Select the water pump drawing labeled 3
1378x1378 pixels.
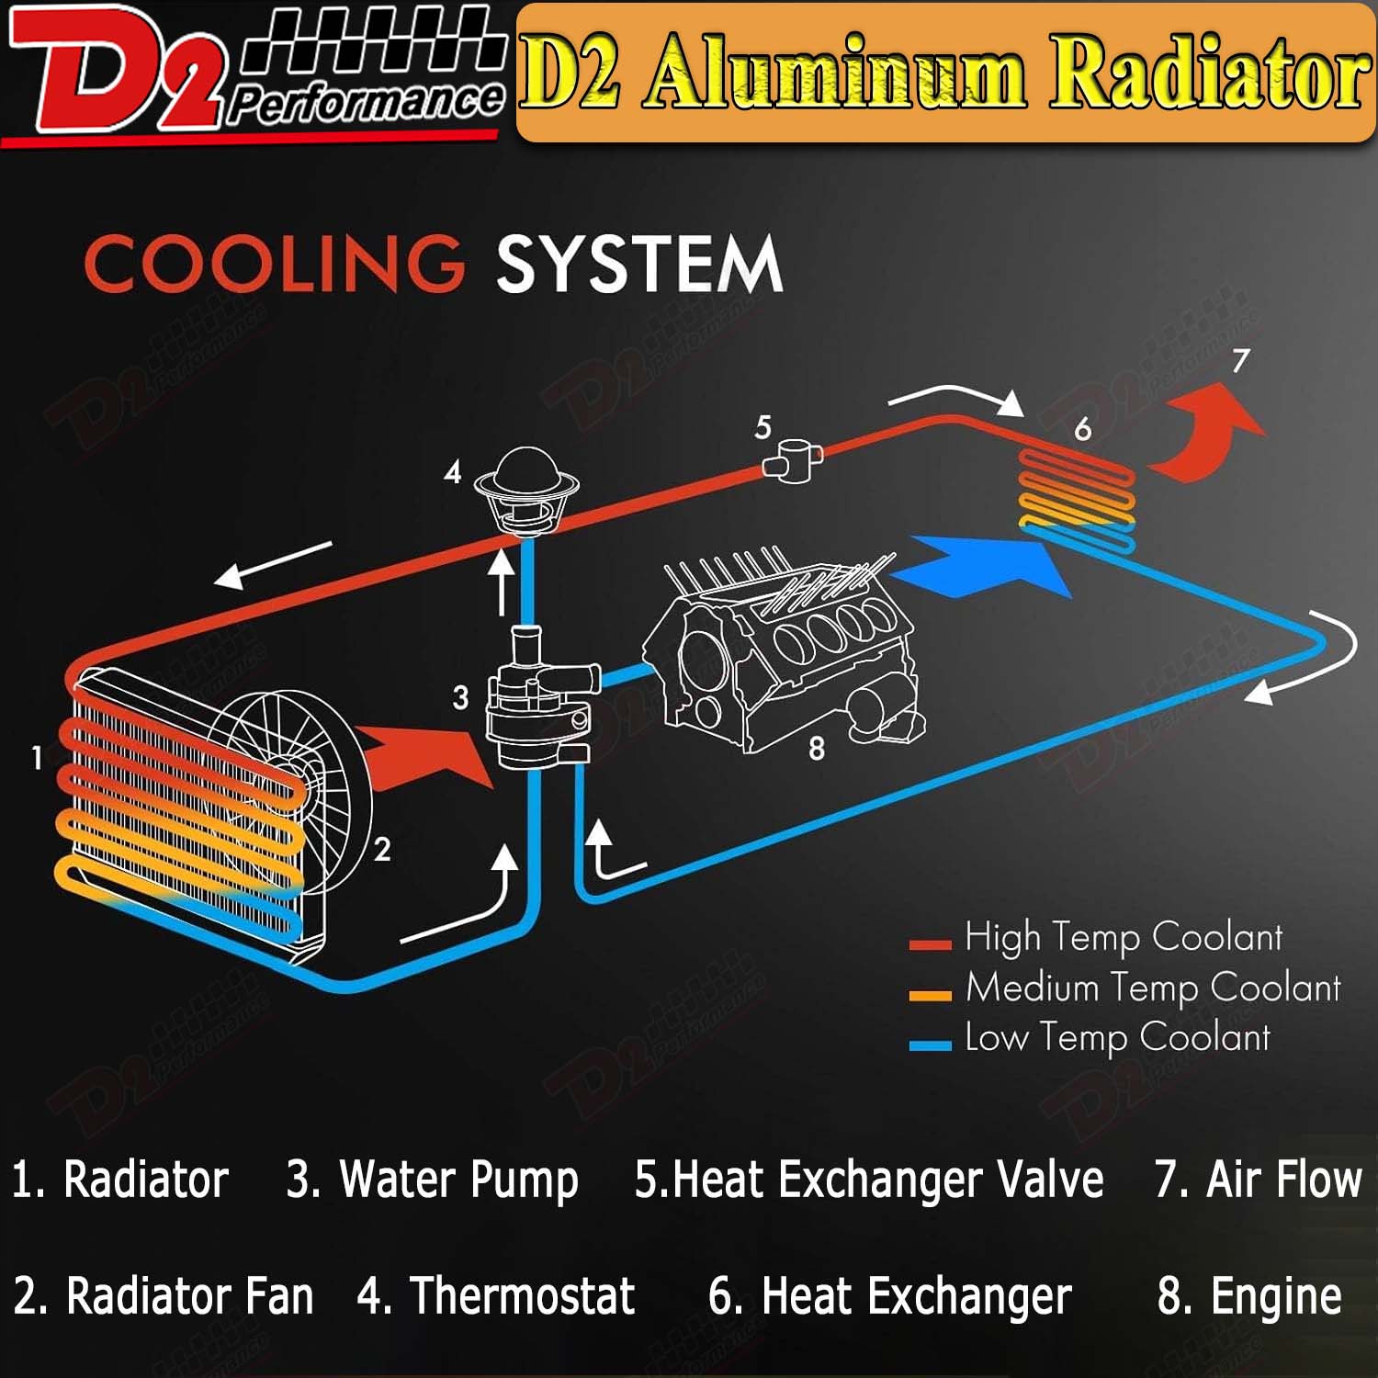pos(537,703)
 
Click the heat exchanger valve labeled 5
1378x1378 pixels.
pos(793,457)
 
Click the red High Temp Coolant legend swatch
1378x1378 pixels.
pos(929,943)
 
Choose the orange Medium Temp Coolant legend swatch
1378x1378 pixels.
pos(929,994)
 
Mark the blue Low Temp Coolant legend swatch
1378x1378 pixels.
pos(929,1045)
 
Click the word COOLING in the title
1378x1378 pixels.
pos(274,264)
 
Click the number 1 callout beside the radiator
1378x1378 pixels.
pos(37,758)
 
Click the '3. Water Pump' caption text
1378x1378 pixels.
pos(432,1180)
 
